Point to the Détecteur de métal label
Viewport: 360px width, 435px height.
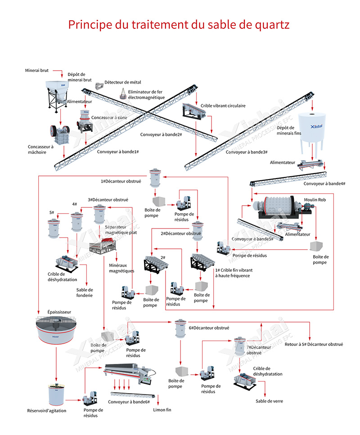pyautogui.click(x=123, y=82)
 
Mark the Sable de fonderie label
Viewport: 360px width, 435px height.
pyautogui.click(x=85, y=292)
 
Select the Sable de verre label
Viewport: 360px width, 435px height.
pyautogui.click(x=269, y=401)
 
